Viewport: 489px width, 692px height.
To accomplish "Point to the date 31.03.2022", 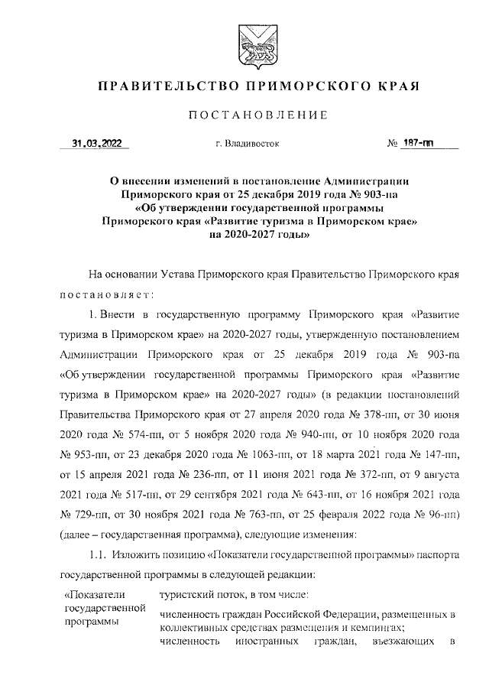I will (x=96, y=142).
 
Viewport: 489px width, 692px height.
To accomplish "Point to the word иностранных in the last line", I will (x=267, y=642).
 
